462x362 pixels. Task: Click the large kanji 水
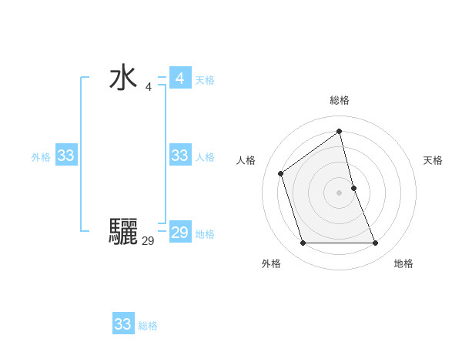point(123,79)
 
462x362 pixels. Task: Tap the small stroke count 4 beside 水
point(148,87)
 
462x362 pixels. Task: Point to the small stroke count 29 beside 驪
point(148,241)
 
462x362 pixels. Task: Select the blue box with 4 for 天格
point(179,79)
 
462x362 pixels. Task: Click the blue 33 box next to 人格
point(179,156)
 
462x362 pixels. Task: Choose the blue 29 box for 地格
point(179,233)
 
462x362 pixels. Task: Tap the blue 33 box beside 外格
point(65,156)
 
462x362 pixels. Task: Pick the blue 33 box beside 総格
point(122,324)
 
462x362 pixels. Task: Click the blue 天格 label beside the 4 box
point(205,80)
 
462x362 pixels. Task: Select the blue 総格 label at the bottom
point(148,326)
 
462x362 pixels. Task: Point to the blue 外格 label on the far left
point(41,157)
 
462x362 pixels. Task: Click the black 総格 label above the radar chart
point(340,100)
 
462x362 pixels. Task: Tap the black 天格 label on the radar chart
point(433,160)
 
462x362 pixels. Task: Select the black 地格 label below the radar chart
point(403,263)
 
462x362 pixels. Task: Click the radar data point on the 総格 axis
point(340,131)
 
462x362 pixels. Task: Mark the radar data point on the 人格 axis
point(281,173)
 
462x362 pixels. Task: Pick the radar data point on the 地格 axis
point(376,243)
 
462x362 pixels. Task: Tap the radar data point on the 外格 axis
point(303,243)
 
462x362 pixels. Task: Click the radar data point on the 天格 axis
point(353,187)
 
